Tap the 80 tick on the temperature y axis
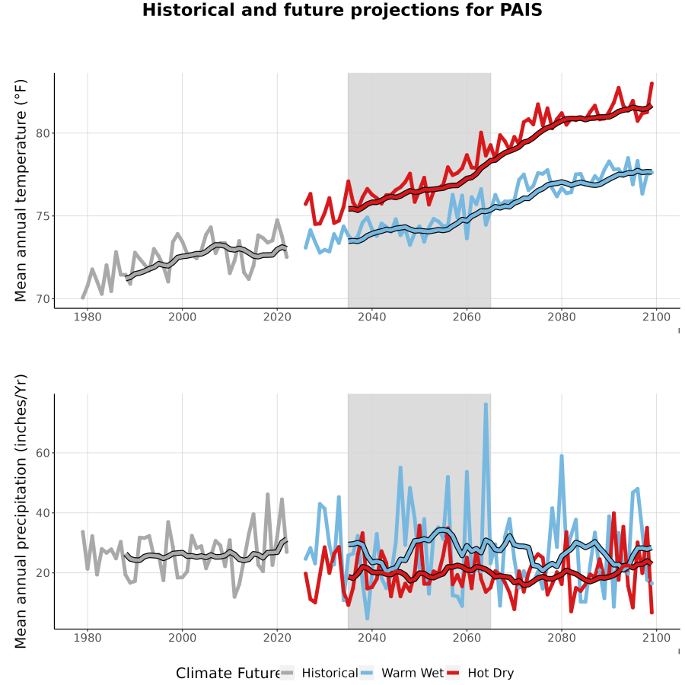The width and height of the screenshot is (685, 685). [43, 133]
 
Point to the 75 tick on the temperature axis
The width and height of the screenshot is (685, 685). [43, 216]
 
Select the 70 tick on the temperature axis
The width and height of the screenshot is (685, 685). [43, 299]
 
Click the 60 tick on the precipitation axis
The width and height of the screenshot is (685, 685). [43, 453]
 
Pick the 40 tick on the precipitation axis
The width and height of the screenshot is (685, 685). [43, 513]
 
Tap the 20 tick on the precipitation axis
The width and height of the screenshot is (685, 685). [43, 572]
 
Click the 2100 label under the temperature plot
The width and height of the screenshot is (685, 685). [656, 317]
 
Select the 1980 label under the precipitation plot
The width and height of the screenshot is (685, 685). [88, 638]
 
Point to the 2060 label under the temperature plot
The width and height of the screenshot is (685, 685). [467, 317]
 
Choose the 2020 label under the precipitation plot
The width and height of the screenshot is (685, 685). [277, 638]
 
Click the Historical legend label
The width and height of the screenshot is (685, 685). [330, 674]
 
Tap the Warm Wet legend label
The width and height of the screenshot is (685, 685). [413, 674]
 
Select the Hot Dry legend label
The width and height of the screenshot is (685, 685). [491, 674]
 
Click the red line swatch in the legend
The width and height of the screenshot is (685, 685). [453, 674]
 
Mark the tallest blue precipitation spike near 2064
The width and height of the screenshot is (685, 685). [486, 405]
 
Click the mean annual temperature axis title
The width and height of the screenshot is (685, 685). [21, 190]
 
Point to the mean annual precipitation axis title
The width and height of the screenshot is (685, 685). [21, 511]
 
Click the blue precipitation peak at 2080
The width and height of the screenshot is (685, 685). [562, 457]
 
